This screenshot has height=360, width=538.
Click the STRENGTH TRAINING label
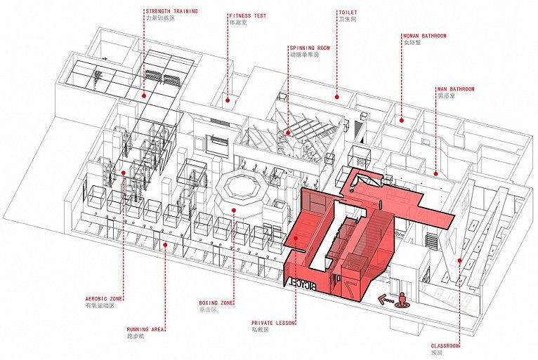171,11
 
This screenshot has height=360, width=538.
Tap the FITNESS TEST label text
248,15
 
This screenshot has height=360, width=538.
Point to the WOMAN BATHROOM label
424,36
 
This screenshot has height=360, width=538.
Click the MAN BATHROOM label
455,89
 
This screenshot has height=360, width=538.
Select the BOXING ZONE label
217,304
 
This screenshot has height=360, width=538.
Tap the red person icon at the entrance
402,299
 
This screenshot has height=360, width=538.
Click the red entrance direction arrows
384,300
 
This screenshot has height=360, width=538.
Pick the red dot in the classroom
460,260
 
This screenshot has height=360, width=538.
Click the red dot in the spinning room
287,131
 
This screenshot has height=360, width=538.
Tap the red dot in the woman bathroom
401,119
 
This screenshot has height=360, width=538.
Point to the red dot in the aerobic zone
124,172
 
